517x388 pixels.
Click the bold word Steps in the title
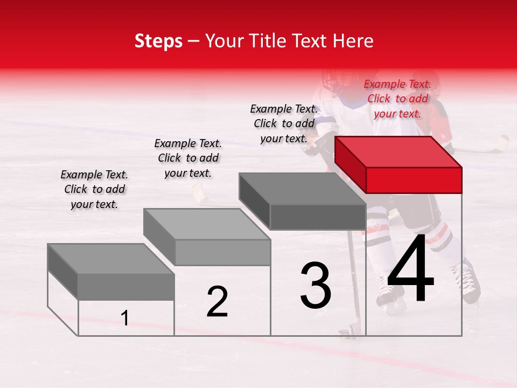pos(158,41)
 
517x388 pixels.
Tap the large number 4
pos(411,269)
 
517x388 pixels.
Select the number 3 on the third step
pos(316,285)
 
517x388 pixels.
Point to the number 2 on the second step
pos(217,301)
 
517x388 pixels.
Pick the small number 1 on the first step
pos(125,318)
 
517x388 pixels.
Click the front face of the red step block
pos(414,179)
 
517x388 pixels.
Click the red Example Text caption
pos(397,99)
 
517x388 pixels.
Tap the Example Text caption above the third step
pos(284,123)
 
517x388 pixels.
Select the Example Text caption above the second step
pos(188,158)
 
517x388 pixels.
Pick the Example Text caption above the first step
pos(94,189)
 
